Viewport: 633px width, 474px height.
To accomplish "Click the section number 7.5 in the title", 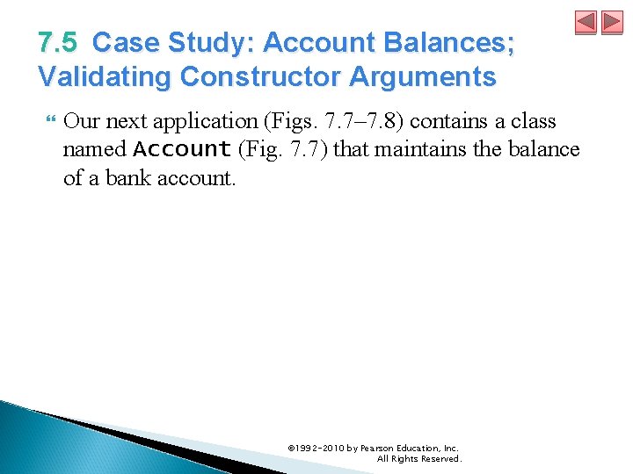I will point(59,43).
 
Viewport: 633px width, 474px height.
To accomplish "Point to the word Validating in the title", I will point(105,77).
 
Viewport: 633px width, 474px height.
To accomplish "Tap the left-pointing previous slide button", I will point(586,23).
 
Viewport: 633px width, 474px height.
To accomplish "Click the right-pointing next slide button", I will point(612,23).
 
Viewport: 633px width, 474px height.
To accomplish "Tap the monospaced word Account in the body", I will point(182,149).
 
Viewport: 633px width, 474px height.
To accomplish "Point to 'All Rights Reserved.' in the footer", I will point(418,459).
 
